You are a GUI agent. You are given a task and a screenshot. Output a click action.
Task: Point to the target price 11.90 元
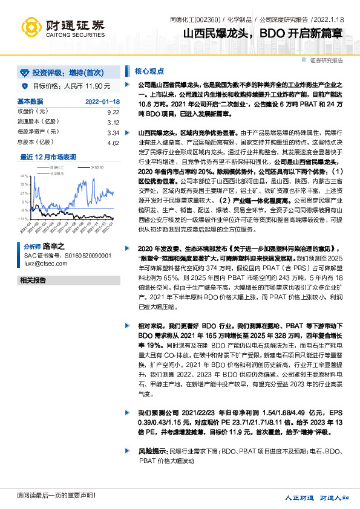click(x=96, y=86)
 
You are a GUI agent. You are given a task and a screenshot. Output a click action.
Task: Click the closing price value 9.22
click(x=112, y=112)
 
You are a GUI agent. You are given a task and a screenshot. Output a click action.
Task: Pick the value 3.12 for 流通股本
click(x=112, y=122)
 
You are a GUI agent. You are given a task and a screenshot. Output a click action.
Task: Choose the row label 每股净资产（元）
click(x=41, y=132)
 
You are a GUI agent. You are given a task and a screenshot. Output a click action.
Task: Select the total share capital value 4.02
click(x=112, y=142)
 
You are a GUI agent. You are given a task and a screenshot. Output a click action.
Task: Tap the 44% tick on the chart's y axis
click(x=24, y=175)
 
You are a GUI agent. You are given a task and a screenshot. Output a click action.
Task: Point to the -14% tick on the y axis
click(x=23, y=218)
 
